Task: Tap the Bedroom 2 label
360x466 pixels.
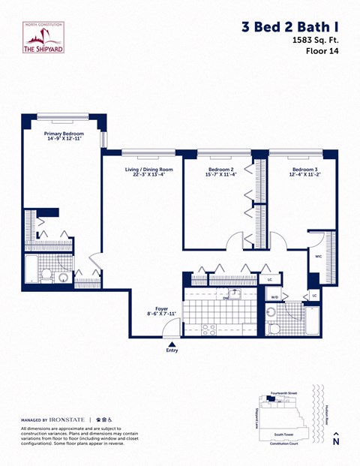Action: pos(221,172)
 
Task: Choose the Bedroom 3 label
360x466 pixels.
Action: pos(305,172)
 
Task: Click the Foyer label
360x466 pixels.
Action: pos(161,310)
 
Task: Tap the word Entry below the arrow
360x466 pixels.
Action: pos(172,349)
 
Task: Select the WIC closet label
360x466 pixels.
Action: pos(318,255)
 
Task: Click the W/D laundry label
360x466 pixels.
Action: pos(274,297)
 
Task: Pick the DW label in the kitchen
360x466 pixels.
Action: pos(225,298)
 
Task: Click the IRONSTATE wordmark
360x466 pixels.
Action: pos(62,419)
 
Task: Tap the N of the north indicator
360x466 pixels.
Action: pos(335,442)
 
